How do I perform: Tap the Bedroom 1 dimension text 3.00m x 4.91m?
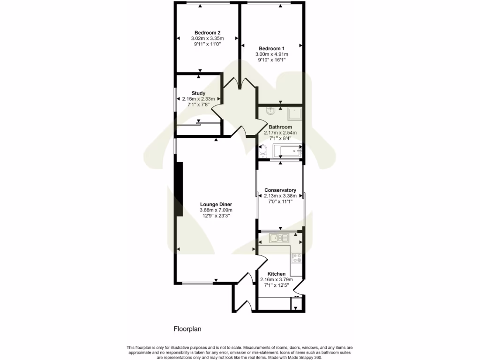pos(271,54)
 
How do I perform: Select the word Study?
pos(198,93)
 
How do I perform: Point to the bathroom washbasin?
pos(270,111)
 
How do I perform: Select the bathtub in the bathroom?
pos(287,151)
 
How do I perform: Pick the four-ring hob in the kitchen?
pos(296,257)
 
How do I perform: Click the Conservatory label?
pos(280,190)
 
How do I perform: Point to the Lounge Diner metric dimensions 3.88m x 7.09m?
pos(216,210)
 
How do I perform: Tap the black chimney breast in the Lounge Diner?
pos(179,189)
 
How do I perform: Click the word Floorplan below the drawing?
pos(187,329)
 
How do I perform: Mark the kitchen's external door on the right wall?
pos(300,287)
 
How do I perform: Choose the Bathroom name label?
pos(280,127)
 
